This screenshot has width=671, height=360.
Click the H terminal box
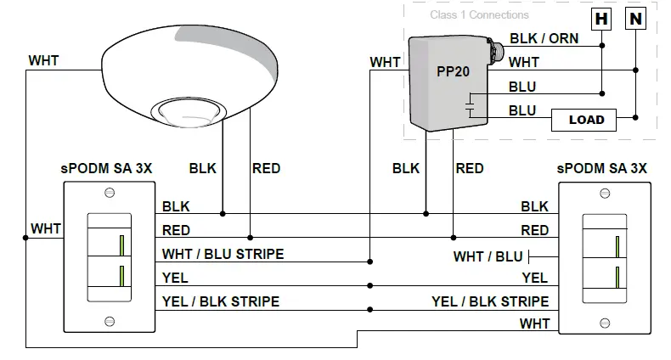coord(601,18)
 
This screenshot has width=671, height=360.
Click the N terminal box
coord(634,18)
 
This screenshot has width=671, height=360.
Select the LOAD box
coord(586,120)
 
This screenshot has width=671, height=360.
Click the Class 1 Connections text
coord(479,14)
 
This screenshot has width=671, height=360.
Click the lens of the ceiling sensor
coord(184,110)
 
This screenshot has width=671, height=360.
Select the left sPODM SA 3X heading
coord(109,168)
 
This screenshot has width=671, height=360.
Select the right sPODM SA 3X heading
coord(602,168)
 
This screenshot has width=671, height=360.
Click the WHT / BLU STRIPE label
coord(223,254)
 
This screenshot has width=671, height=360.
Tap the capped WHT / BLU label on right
coord(488,256)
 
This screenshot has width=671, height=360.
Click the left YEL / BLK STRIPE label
coord(220,301)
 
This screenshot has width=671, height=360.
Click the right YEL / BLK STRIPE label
coord(489,301)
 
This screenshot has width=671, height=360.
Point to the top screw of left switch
coord(109,194)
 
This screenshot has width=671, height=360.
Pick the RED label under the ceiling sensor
coord(266,168)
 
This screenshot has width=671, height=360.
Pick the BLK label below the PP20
coord(406,168)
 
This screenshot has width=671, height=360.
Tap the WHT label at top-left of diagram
coord(43,61)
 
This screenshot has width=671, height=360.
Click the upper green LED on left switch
coord(122,245)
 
